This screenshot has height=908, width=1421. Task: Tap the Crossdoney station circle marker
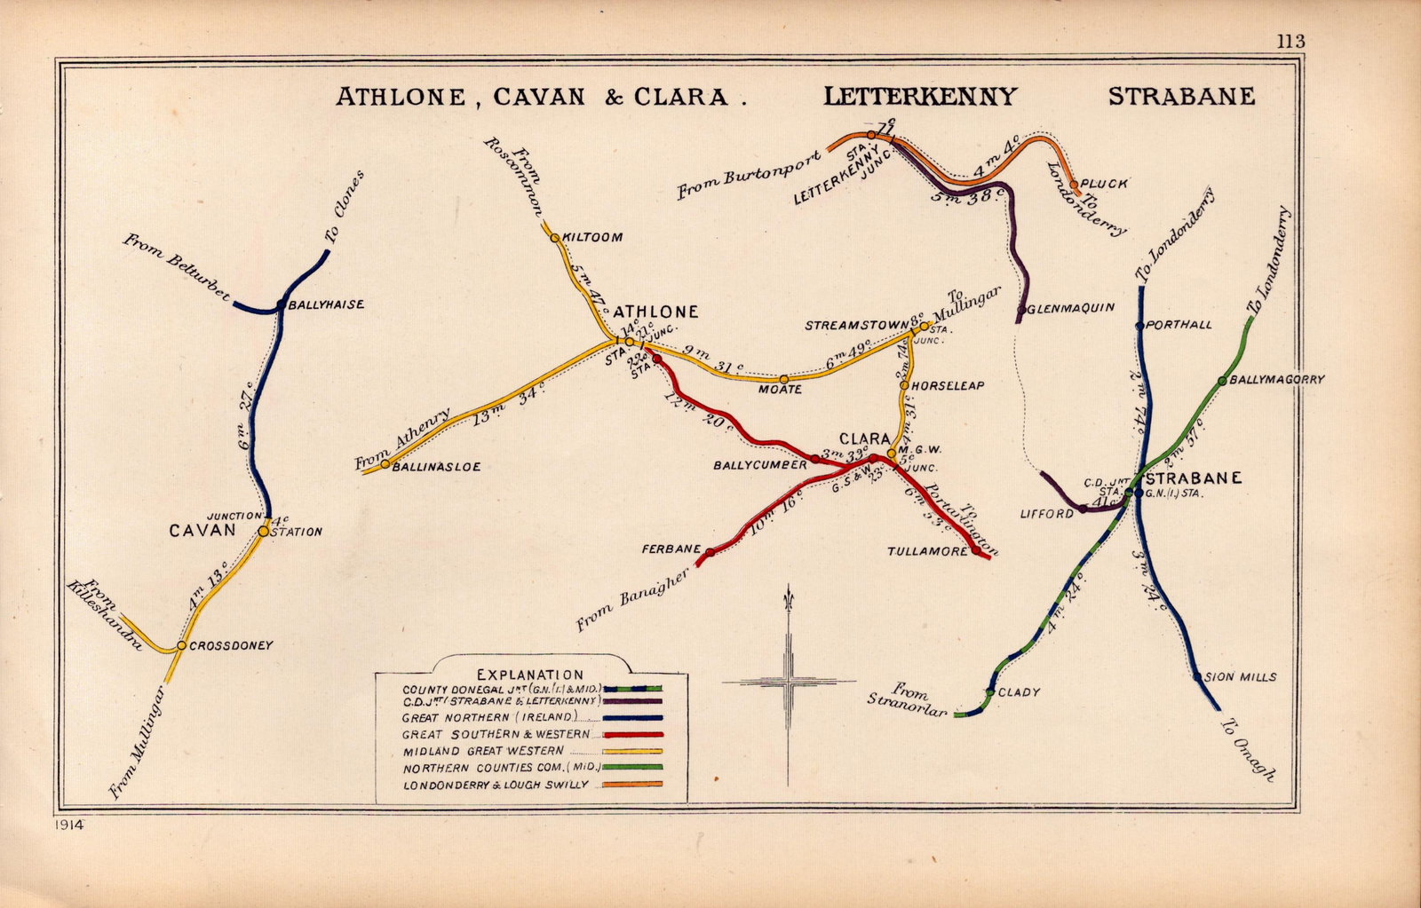[180, 645]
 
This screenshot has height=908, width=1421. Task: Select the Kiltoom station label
[591, 238]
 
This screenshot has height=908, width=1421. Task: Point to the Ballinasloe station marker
[385, 463]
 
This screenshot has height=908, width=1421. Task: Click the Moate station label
[780, 390]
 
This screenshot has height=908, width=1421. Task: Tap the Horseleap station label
[947, 386]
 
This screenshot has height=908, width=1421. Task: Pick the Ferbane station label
[671, 549]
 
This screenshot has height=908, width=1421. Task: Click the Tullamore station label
[927, 552]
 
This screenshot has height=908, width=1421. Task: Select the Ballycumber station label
[760, 464]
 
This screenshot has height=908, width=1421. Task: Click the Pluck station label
[1105, 184]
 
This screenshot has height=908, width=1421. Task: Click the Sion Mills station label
[1242, 677]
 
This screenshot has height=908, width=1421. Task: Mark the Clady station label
[1019, 692]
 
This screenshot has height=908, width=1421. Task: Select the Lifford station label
[1047, 514]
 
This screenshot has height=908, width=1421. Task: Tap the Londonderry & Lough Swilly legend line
[631, 785]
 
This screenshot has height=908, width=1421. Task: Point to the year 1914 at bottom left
[67, 825]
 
